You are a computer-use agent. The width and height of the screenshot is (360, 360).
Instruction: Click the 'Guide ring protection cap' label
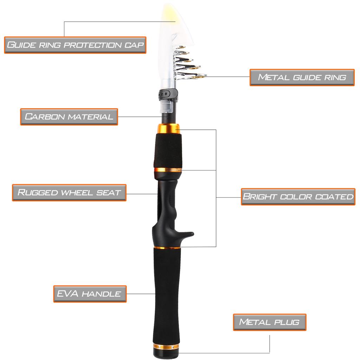point(75,45)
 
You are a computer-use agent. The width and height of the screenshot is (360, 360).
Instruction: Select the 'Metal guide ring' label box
point(302,77)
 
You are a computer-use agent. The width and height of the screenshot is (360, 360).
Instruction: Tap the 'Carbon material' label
point(69,117)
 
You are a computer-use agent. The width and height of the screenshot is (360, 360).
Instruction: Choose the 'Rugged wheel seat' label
point(69,193)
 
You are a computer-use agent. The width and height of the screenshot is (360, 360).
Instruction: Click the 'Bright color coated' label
point(298,197)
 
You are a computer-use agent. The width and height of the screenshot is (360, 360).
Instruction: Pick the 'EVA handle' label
point(90,294)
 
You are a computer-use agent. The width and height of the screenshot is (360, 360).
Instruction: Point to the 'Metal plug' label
point(270,322)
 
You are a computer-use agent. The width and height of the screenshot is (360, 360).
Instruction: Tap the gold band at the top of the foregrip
point(168,129)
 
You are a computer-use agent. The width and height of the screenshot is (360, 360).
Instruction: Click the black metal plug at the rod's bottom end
point(166,354)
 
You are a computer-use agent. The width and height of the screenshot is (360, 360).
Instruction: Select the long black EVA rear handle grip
point(167,296)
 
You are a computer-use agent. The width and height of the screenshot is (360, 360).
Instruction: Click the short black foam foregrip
point(168,151)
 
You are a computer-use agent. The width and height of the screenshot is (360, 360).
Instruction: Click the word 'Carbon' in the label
point(45,117)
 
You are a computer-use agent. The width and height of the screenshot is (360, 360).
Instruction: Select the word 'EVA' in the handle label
point(68,294)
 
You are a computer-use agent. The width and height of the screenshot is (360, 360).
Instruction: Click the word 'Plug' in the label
point(287,322)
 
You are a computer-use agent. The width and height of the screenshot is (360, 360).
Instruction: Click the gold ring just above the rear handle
point(167,248)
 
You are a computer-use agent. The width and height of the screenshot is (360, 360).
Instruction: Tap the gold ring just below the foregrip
point(168,170)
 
